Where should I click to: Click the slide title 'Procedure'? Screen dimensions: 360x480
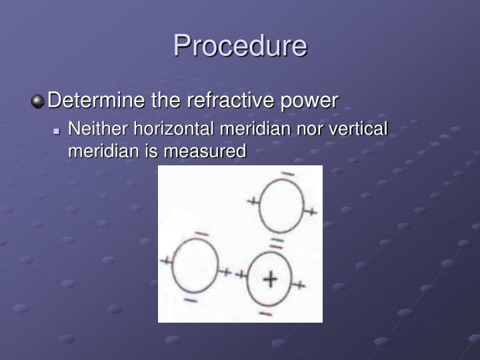[240, 46]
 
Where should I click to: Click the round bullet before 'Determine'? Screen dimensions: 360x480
[38, 101]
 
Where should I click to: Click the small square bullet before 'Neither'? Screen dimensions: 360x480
[57, 129]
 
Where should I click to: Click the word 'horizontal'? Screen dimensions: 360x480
[175, 128]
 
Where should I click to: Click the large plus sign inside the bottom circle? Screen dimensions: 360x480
[269, 279]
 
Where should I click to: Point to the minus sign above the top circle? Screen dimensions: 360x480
[287, 174]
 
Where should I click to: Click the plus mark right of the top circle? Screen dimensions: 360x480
[311, 212]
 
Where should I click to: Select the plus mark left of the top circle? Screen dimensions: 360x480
[253, 200]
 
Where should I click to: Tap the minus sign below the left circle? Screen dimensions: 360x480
[190, 301]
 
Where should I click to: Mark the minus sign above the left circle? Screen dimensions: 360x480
[201, 233]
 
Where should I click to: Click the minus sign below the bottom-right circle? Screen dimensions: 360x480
[265, 313]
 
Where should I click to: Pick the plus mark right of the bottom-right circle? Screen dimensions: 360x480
[299, 285]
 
